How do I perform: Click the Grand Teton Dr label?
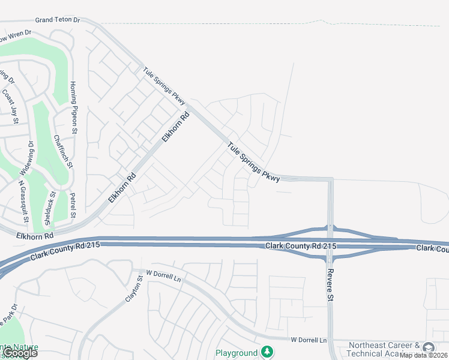click(x=57, y=20)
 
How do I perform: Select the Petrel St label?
click(x=73, y=205)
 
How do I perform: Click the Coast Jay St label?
click(x=12, y=104)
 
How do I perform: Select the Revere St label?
click(x=330, y=285)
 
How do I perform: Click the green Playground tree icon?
click(x=265, y=352)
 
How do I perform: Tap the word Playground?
click(x=237, y=353)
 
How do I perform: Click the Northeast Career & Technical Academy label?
click(x=384, y=350)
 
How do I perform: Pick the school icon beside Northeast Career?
click(x=428, y=348)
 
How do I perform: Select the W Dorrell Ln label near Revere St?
click(x=309, y=340)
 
